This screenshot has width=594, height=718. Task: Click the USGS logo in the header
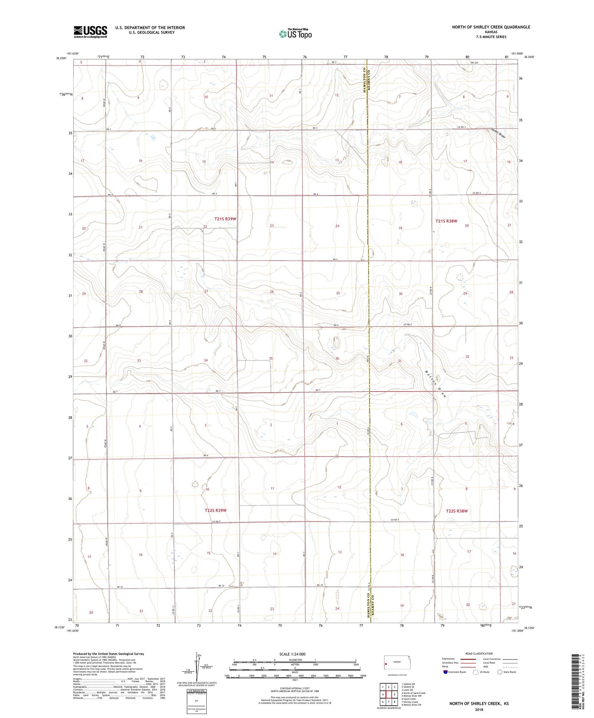click(90, 32)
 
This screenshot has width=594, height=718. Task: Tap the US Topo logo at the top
click(295, 34)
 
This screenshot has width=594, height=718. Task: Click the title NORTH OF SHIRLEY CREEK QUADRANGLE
click(491, 27)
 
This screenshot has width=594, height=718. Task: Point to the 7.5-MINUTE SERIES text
click(491, 37)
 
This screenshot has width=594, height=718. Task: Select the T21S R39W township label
click(225, 219)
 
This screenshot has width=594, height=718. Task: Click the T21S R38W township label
click(446, 221)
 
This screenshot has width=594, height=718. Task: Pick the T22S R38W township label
click(457, 511)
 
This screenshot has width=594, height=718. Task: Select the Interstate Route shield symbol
click(445, 672)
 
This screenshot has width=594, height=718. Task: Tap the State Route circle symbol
click(500, 672)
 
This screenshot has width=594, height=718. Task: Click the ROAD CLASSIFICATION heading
click(479, 653)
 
